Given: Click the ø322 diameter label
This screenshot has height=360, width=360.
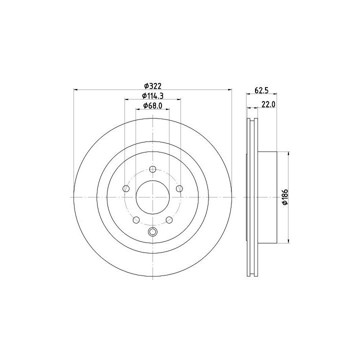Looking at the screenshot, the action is pyautogui.click(x=152, y=86).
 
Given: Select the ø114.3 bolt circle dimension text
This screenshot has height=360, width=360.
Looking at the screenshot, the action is pyautogui.click(x=152, y=96).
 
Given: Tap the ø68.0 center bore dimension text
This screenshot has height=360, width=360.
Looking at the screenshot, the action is pyautogui.click(x=152, y=105).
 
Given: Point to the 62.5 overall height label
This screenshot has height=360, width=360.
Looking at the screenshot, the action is pyautogui.click(x=261, y=90).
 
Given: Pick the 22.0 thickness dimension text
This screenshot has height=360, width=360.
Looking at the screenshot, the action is pyautogui.click(x=268, y=104).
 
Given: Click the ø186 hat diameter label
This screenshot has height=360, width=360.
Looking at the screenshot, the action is pyautogui.click(x=284, y=197).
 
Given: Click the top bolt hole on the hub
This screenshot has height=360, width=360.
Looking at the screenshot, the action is pyautogui.click(x=152, y=169).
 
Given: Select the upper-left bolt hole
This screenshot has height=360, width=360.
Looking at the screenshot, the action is pyautogui.click(x=126, y=188).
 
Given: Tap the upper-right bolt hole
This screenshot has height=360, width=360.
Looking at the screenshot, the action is pyautogui.click(x=179, y=188).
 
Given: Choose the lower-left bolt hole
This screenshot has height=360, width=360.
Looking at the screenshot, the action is pyautogui.click(x=136, y=220).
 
